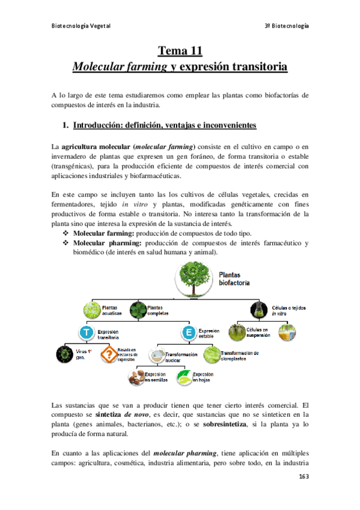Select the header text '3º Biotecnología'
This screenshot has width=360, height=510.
287,26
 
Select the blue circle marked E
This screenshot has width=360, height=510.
189,332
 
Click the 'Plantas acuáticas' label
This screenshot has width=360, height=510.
112,311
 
